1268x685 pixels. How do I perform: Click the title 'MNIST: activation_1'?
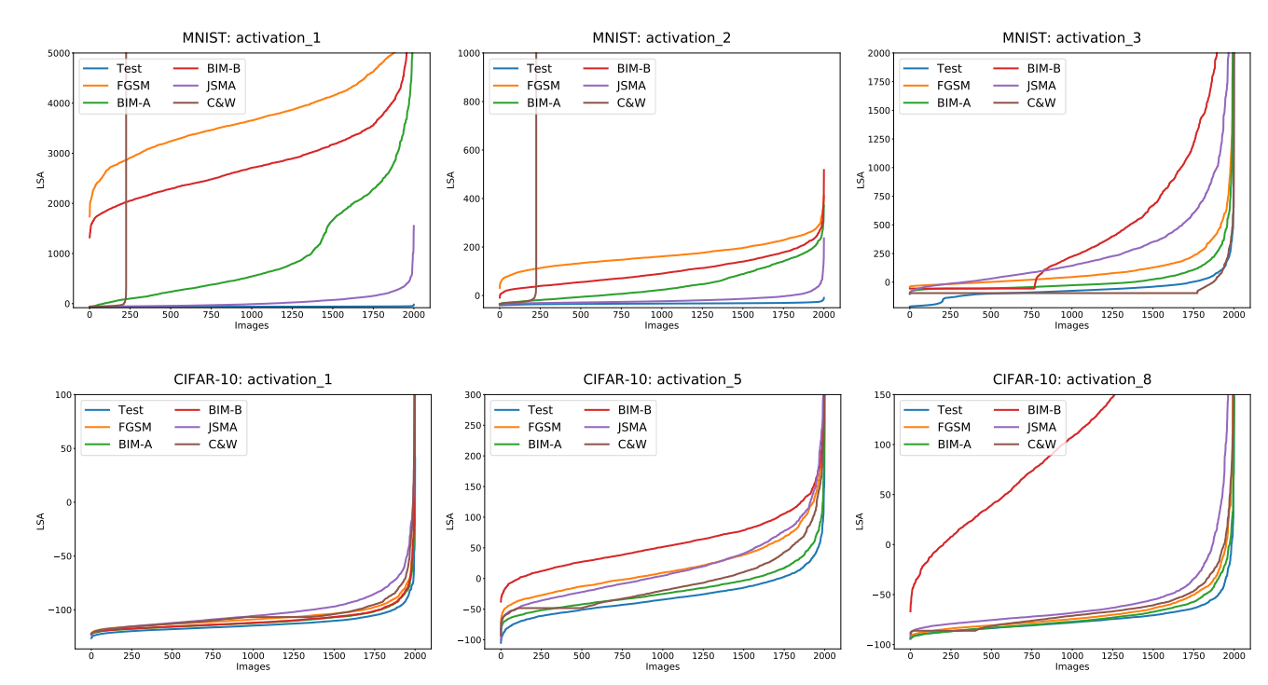coord(252,38)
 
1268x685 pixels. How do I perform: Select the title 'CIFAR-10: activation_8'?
coord(1071,379)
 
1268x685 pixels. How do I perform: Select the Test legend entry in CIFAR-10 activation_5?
coord(539,410)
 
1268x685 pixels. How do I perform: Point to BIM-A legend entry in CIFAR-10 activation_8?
coord(953,445)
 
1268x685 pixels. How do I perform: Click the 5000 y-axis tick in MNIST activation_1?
coord(58,53)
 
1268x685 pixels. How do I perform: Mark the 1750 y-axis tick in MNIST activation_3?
coord(877,81)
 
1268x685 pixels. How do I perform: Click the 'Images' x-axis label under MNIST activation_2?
coord(661,325)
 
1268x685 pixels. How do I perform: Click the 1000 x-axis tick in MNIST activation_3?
coord(1071,315)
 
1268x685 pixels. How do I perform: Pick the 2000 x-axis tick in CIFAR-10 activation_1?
coord(415,656)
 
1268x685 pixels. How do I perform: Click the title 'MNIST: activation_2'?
coord(661,38)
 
